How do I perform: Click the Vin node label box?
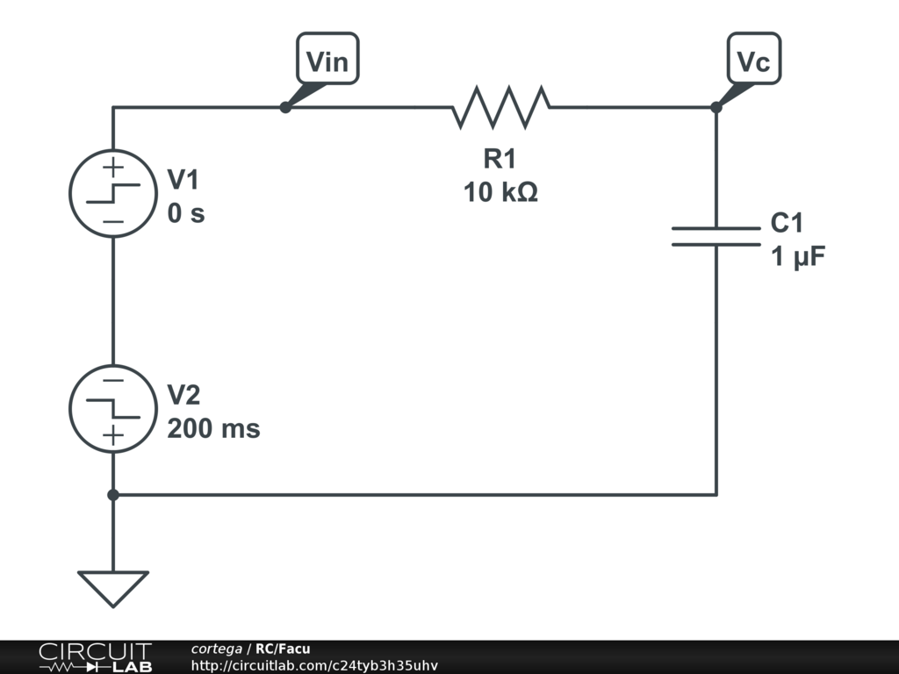327,60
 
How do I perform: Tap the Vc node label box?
754,60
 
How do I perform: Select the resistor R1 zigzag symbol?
501,107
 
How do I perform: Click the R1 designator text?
500,159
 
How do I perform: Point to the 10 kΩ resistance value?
500,191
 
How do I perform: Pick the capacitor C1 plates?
716,236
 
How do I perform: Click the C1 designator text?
788,223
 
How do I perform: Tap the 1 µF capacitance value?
798,257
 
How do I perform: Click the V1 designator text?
183,180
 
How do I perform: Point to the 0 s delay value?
186,213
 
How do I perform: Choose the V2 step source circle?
113,409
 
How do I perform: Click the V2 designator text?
183,396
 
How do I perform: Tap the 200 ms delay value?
213,429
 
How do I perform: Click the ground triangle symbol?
113,586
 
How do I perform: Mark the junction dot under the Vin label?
284,107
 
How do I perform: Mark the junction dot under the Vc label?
716,107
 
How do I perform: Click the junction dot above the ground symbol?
113,495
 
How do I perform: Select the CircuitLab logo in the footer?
94,657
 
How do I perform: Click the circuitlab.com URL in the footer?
314,665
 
